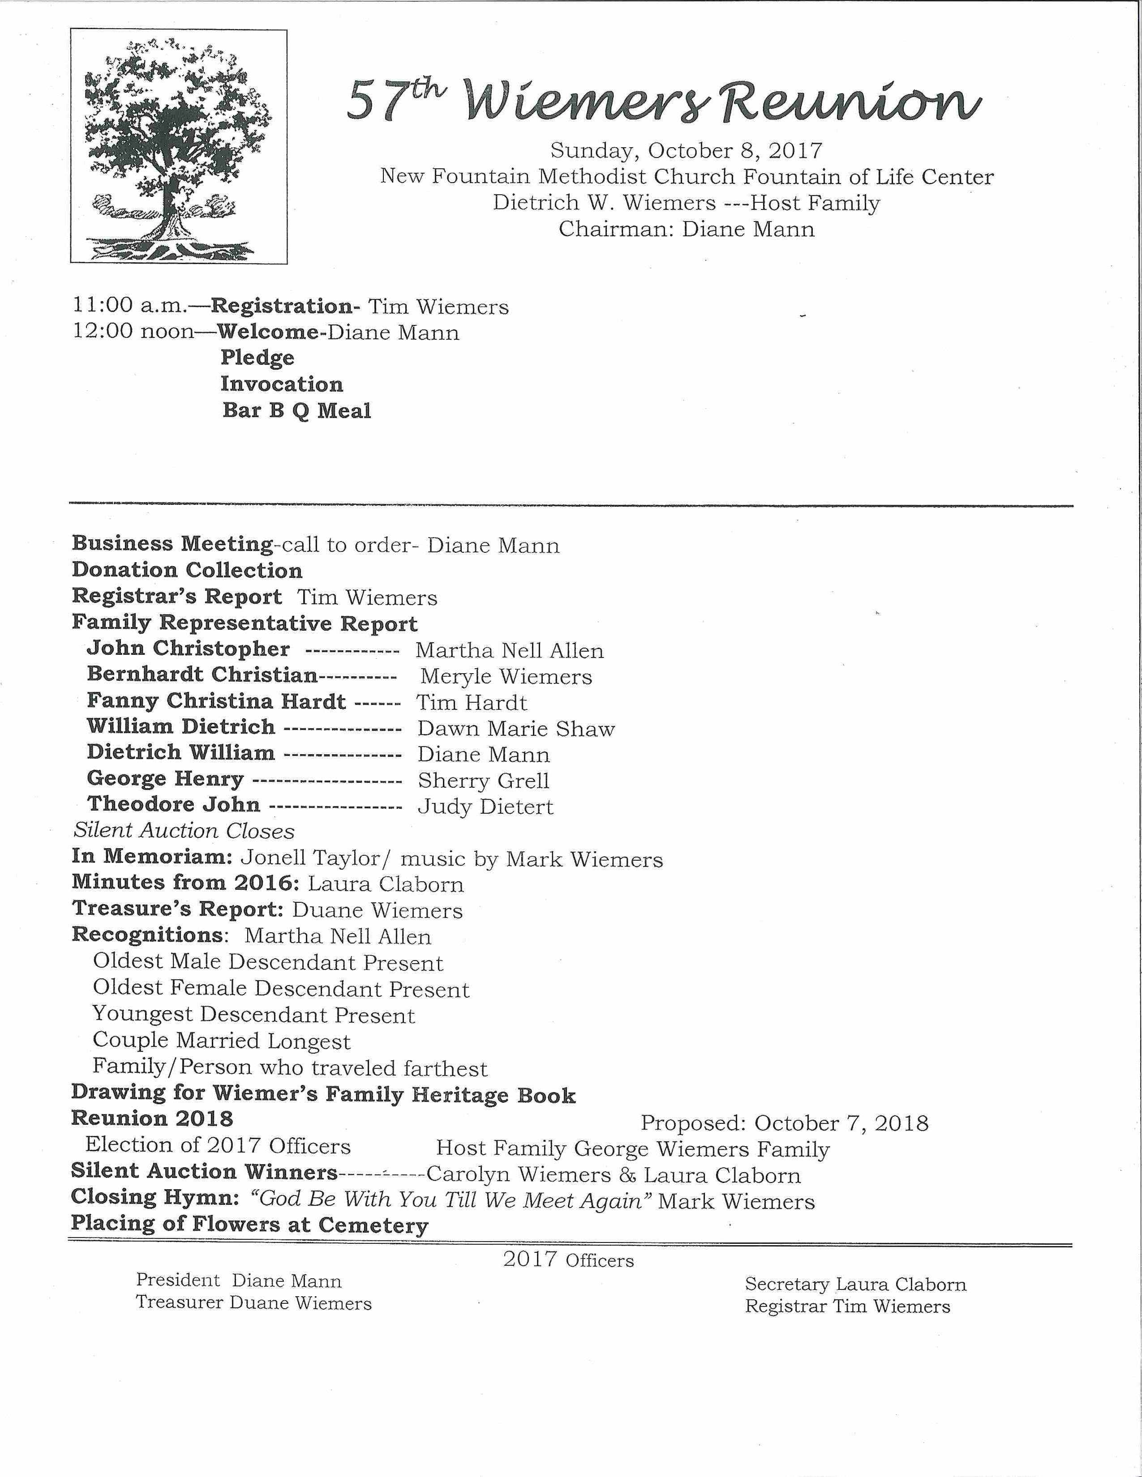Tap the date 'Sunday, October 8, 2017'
[686, 150]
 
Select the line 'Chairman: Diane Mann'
[686, 229]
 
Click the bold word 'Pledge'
[257, 358]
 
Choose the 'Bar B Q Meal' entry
[296, 410]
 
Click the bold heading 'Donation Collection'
[187, 570]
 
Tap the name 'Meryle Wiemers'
[506, 676]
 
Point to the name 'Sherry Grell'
[483, 781]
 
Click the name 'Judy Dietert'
[485, 807]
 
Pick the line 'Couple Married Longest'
[221, 1041]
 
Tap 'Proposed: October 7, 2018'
[784, 1123]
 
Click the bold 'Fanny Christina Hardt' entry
[216, 701]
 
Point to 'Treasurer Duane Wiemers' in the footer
[253, 1303]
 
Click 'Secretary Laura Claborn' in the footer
[855, 1284]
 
